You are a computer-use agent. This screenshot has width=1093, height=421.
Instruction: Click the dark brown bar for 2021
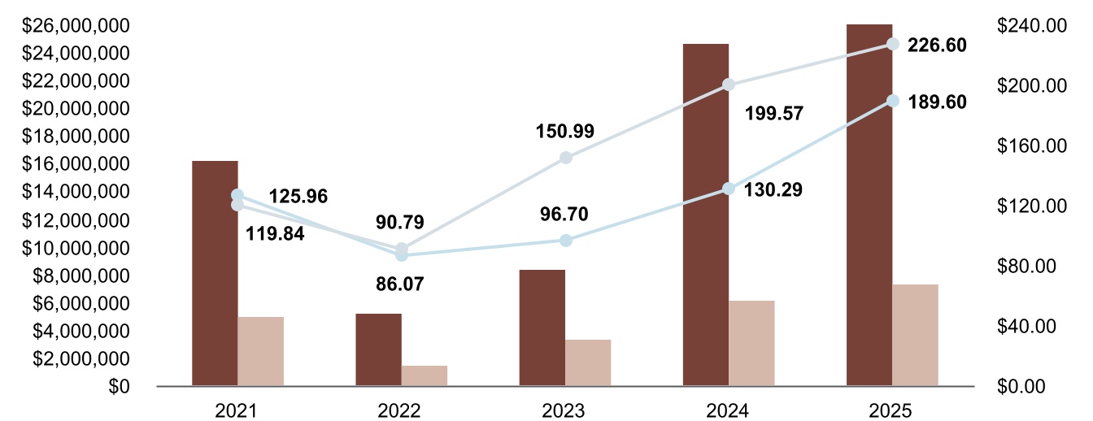215,273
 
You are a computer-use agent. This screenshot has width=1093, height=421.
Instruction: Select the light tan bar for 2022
424,375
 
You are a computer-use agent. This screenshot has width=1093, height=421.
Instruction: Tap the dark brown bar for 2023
542,328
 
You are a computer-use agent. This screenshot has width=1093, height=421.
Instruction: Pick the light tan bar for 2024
751,343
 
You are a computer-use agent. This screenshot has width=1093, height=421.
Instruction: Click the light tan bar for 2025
915,335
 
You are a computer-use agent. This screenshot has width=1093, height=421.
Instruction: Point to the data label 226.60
937,46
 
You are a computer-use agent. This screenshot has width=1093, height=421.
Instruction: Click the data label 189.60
937,102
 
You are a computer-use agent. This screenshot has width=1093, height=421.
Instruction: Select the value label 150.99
564,130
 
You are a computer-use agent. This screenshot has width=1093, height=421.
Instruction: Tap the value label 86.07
400,284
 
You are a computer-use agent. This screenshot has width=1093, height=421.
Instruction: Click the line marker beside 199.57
729,85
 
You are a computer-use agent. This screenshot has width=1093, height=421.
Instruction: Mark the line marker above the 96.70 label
566,241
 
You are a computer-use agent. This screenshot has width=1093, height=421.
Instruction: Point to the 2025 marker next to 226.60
892,44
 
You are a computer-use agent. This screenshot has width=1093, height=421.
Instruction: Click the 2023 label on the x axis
565,410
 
